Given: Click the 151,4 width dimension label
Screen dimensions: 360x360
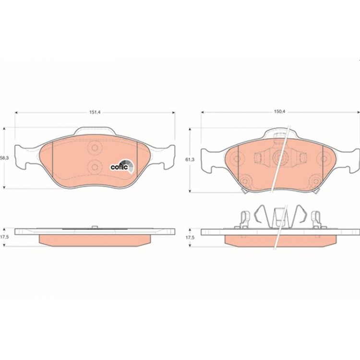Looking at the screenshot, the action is click(x=95, y=112).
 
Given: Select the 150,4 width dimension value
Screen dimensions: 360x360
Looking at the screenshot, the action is click(x=279, y=112).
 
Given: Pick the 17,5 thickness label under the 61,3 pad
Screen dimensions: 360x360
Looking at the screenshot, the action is click(x=190, y=238).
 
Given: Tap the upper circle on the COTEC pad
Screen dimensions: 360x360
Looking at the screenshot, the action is click(x=95, y=147).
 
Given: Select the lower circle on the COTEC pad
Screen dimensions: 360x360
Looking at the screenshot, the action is click(x=95, y=167).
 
